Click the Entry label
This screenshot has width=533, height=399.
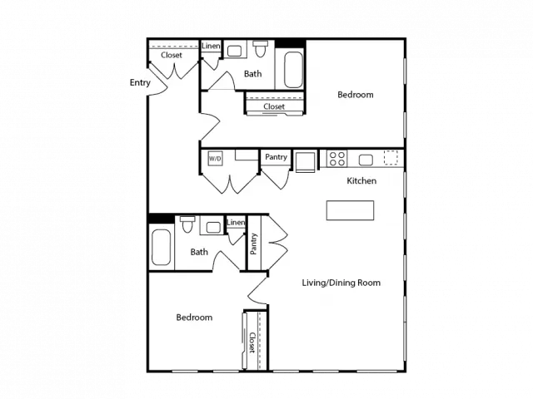click(x=140, y=83)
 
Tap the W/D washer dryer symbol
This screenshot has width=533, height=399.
click(x=215, y=159)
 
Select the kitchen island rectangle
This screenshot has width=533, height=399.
click(x=350, y=210)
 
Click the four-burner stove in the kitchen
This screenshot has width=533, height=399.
click(x=336, y=159)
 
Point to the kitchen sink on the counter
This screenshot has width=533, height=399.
click(x=366, y=160)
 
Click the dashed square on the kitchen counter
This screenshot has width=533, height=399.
click(x=391, y=158)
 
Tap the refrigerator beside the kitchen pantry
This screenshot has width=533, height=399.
click(x=306, y=162)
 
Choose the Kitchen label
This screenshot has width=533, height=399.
click(x=361, y=181)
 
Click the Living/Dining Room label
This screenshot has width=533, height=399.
click(x=341, y=283)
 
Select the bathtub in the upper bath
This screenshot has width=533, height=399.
click(x=293, y=70)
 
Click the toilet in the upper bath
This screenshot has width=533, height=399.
click(x=261, y=48)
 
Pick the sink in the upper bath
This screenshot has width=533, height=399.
click(x=235, y=51)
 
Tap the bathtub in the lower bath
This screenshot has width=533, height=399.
click(x=161, y=248)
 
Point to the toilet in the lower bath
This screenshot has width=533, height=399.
click(x=187, y=224)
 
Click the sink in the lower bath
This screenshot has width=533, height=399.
click(x=213, y=227)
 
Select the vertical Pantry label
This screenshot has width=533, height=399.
click(x=253, y=244)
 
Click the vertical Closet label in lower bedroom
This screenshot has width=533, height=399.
click(x=252, y=342)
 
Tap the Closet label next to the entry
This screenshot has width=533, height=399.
click(x=172, y=55)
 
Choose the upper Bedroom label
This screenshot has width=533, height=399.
click(x=356, y=95)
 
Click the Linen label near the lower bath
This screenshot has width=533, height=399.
click(x=236, y=223)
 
